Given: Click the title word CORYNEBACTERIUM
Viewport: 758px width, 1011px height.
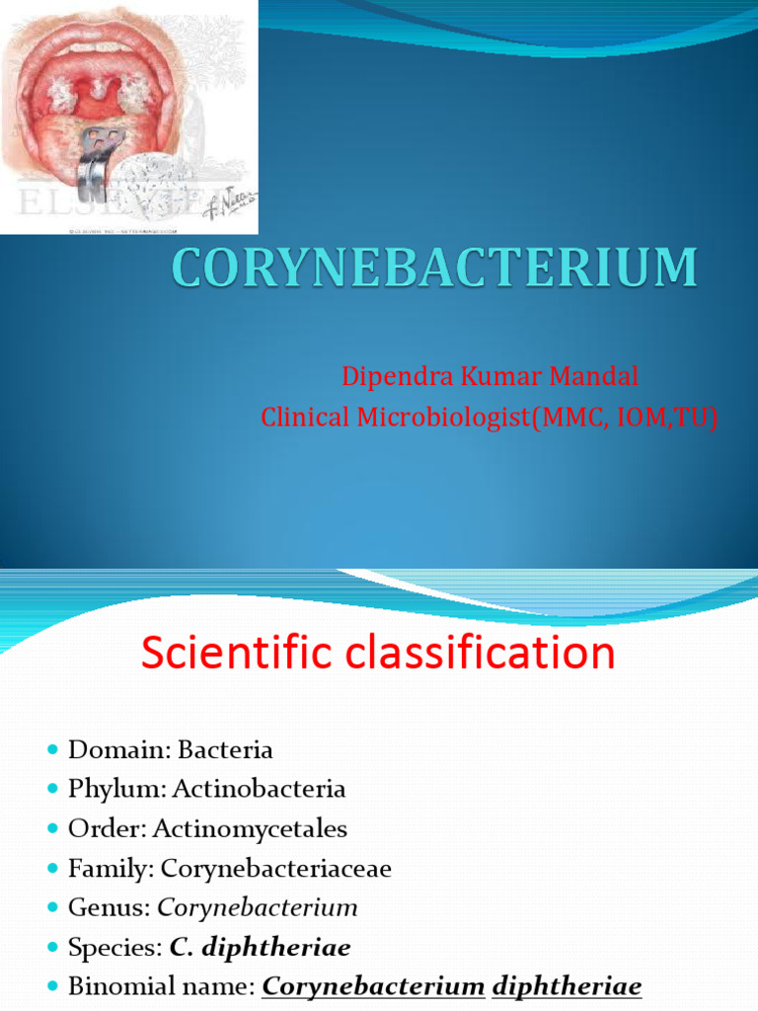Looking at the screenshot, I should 435,269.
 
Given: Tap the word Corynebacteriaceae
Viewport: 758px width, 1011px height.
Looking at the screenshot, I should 276,868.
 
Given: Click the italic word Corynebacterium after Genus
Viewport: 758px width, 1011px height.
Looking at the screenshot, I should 258,907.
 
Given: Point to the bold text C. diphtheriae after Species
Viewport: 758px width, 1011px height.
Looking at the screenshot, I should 261,947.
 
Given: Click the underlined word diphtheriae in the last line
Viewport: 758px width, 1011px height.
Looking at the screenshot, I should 567,986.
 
